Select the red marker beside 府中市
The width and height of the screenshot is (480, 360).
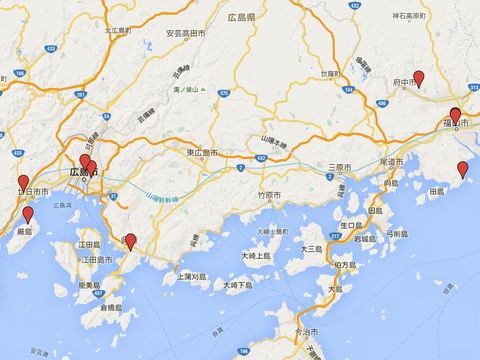pos(419,78)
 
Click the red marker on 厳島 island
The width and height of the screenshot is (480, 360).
pos(28,214)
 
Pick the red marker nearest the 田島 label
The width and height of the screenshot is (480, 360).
pos(462,169)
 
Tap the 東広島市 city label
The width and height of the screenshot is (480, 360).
pos(207,152)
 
